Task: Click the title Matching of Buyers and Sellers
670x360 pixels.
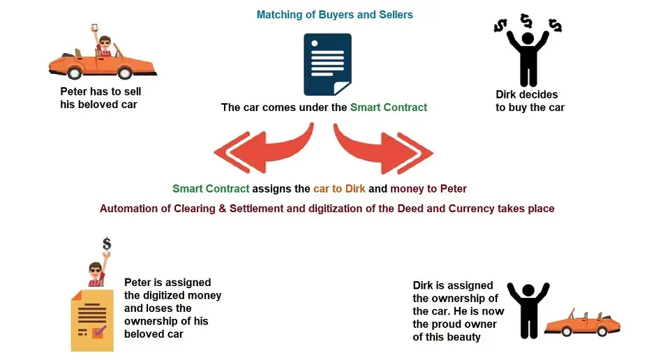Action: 334,15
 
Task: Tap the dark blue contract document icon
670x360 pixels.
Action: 327,64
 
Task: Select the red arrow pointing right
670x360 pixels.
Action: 383,149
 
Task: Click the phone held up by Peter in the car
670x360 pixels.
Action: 94,27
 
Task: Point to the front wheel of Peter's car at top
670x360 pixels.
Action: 125,73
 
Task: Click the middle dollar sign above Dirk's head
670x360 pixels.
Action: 526,20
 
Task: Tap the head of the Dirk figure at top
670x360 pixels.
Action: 528,38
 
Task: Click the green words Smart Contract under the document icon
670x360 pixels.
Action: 389,107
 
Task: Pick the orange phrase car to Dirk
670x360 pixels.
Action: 339,189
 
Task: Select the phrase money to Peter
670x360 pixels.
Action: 428,189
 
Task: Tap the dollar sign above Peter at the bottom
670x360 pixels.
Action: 107,244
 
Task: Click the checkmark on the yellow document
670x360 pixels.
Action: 100,330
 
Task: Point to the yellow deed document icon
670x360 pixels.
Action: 92,320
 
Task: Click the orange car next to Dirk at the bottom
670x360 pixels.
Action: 582,322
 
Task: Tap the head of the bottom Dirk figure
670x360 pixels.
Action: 528,290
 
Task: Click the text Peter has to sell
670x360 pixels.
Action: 100,91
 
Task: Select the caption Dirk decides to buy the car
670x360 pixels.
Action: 530,100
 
